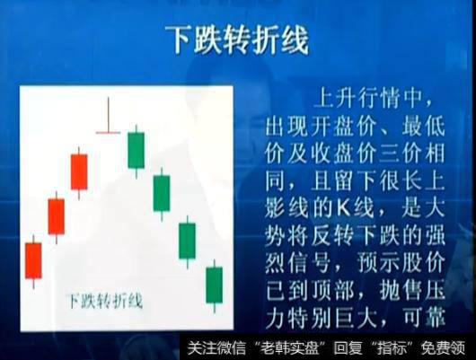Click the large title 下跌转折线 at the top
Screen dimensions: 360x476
click(238, 40)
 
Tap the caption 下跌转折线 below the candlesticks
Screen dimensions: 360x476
click(106, 300)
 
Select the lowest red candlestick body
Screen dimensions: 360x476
click(33, 259)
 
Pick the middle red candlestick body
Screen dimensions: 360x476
click(56, 216)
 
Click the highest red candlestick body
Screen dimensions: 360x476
click(79, 171)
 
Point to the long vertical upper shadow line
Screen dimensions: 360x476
click(108, 115)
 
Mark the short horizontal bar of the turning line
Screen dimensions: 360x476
click(108, 133)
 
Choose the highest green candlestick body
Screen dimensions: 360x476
click(136, 150)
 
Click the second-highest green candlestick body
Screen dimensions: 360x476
click(162, 193)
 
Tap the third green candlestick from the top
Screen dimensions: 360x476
click(188, 240)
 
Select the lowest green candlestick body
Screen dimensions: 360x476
click(215, 285)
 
